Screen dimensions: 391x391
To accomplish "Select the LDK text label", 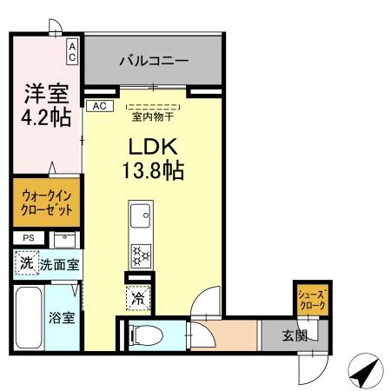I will coord(152,145).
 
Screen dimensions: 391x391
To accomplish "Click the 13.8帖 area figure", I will coord(152,169).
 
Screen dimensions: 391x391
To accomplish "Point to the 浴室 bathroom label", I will coord(61,317).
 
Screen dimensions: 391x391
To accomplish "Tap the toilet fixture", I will coord(146,334).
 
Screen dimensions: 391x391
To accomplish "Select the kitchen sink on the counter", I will coord(140,214).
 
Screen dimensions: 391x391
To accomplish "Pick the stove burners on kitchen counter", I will coord(140,255).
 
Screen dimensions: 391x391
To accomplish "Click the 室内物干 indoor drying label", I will coord(152,115).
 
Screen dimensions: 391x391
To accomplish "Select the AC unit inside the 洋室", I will coord(73,50).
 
